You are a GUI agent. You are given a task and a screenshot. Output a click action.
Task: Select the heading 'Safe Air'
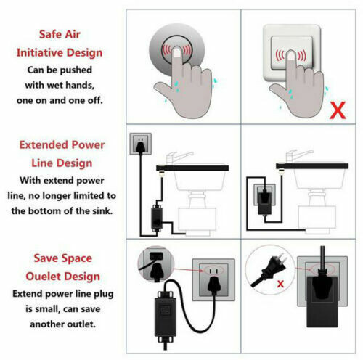tap(59, 33)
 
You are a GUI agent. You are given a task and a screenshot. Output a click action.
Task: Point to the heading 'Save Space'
tap(59, 258)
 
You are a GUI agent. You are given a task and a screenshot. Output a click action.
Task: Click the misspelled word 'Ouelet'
tap(38, 277)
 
